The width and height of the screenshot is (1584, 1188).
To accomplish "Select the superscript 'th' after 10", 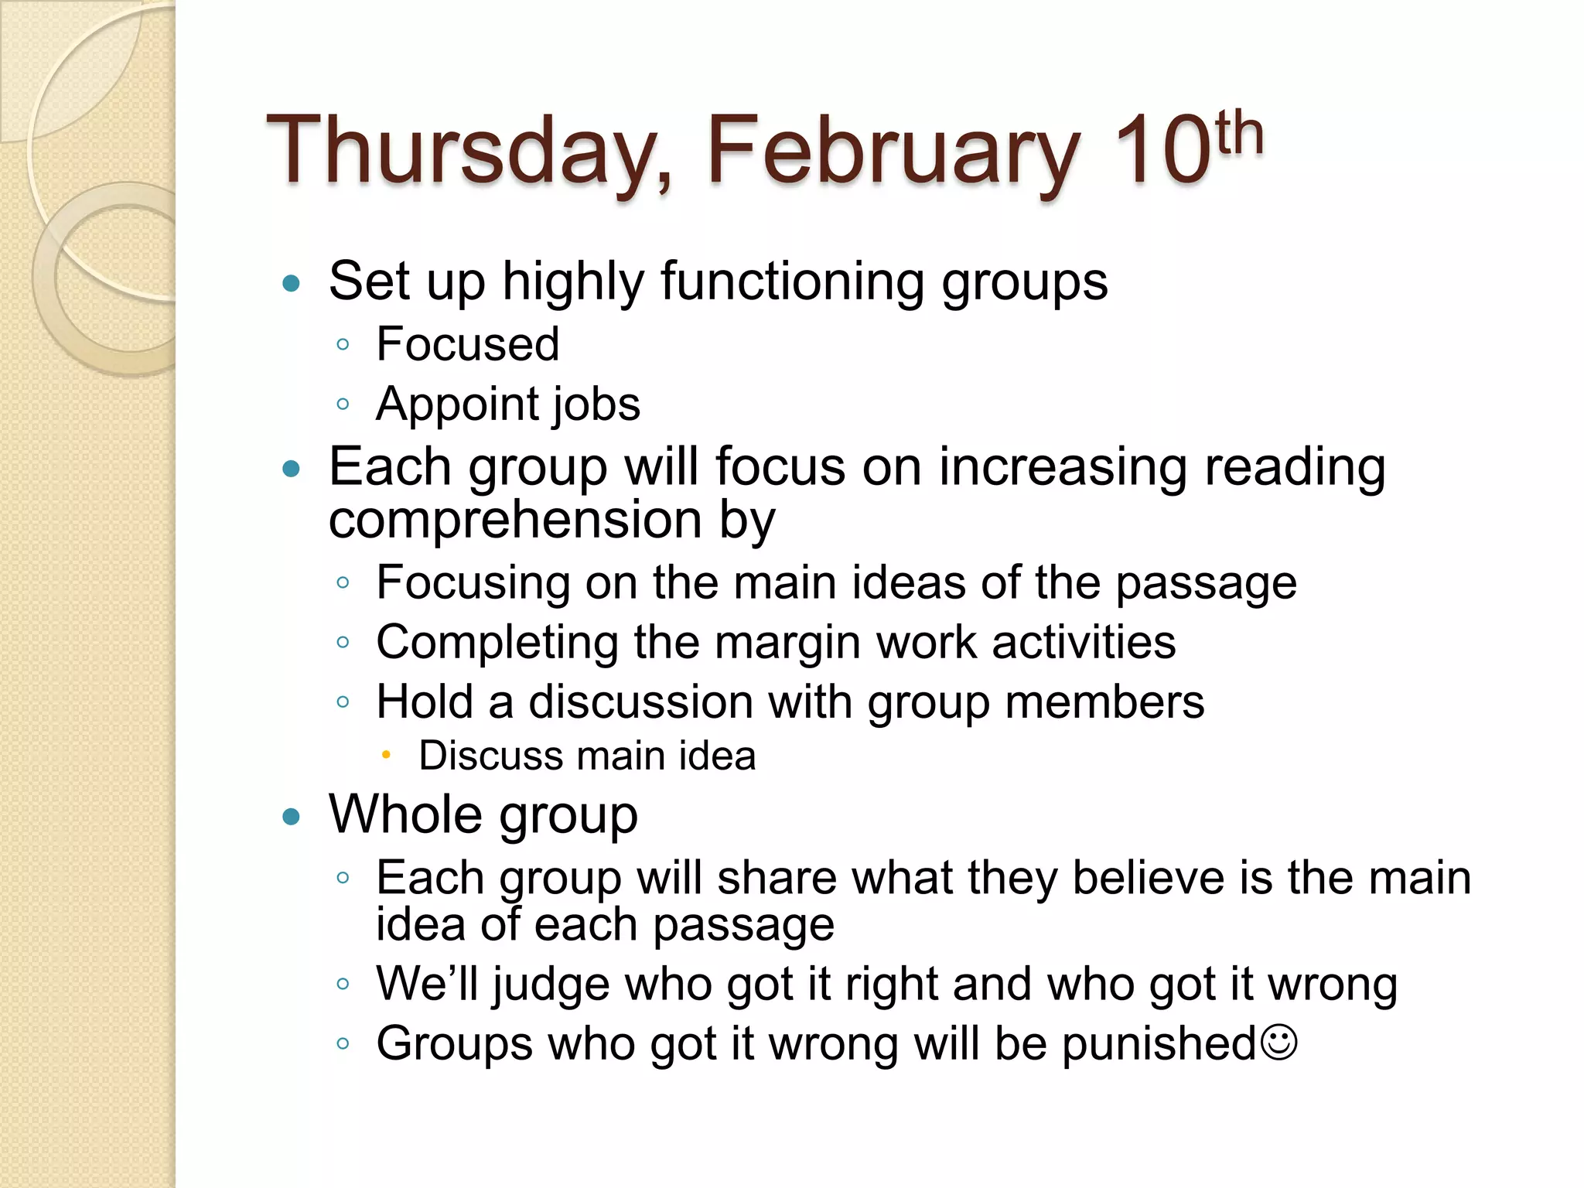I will (x=1239, y=133).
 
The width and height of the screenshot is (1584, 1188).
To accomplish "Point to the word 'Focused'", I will (x=468, y=344).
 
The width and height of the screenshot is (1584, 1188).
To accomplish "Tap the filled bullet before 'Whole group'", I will (x=291, y=817).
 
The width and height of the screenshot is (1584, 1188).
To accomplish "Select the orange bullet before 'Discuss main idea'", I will (x=386, y=755).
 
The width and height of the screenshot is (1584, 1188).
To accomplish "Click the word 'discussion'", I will (x=641, y=702).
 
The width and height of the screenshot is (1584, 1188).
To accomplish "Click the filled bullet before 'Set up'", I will (x=291, y=283).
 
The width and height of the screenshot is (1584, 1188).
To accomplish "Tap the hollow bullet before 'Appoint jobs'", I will (x=343, y=403).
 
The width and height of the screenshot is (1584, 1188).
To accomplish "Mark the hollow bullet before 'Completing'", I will (x=343, y=641).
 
